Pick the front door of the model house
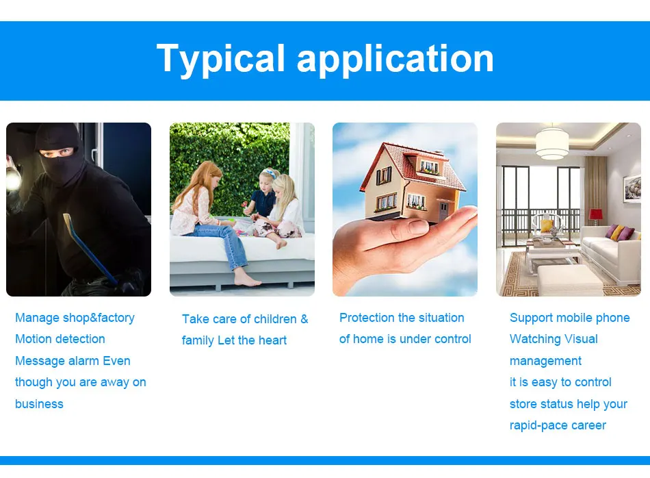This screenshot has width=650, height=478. click(443, 210)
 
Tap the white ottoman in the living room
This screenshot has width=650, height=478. click(570, 279)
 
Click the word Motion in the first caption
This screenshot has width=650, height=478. click(35, 338)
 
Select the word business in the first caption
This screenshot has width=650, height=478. click(40, 404)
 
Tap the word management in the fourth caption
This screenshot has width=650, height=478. click(545, 361)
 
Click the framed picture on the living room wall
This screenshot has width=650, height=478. click(632, 189)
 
